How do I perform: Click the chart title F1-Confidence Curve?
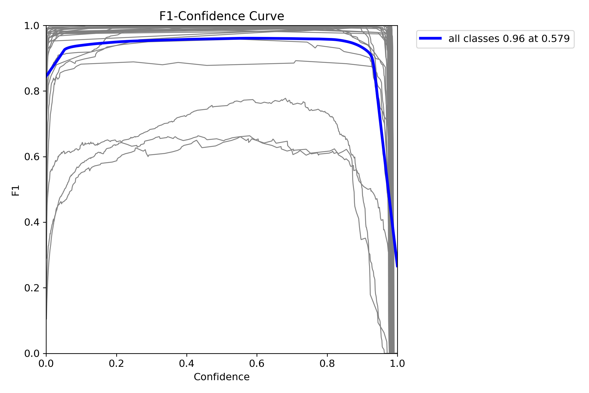click(x=221, y=16)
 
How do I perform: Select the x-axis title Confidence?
click(x=221, y=377)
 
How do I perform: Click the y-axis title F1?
click(x=16, y=190)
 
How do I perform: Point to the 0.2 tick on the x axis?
click(x=116, y=363)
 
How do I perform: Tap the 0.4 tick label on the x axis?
click(x=187, y=363)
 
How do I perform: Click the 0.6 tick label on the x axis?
click(x=257, y=363)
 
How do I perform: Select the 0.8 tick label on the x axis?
click(x=327, y=363)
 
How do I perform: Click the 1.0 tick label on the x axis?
click(x=397, y=363)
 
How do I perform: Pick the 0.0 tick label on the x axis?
click(x=46, y=363)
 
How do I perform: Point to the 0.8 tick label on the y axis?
click(x=32, y=91)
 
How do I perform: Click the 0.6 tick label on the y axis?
click(x=32, y=157)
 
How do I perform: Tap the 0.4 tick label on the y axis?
click(x=32, y=222)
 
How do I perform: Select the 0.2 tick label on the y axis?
click(x=32, y=288)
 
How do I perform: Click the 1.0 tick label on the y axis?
click(x=32, y=26)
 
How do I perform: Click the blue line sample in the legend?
click(x=430, y=39)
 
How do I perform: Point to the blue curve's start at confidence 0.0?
click(x=47, y=77)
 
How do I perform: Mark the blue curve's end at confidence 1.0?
click(x=397, y=266)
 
